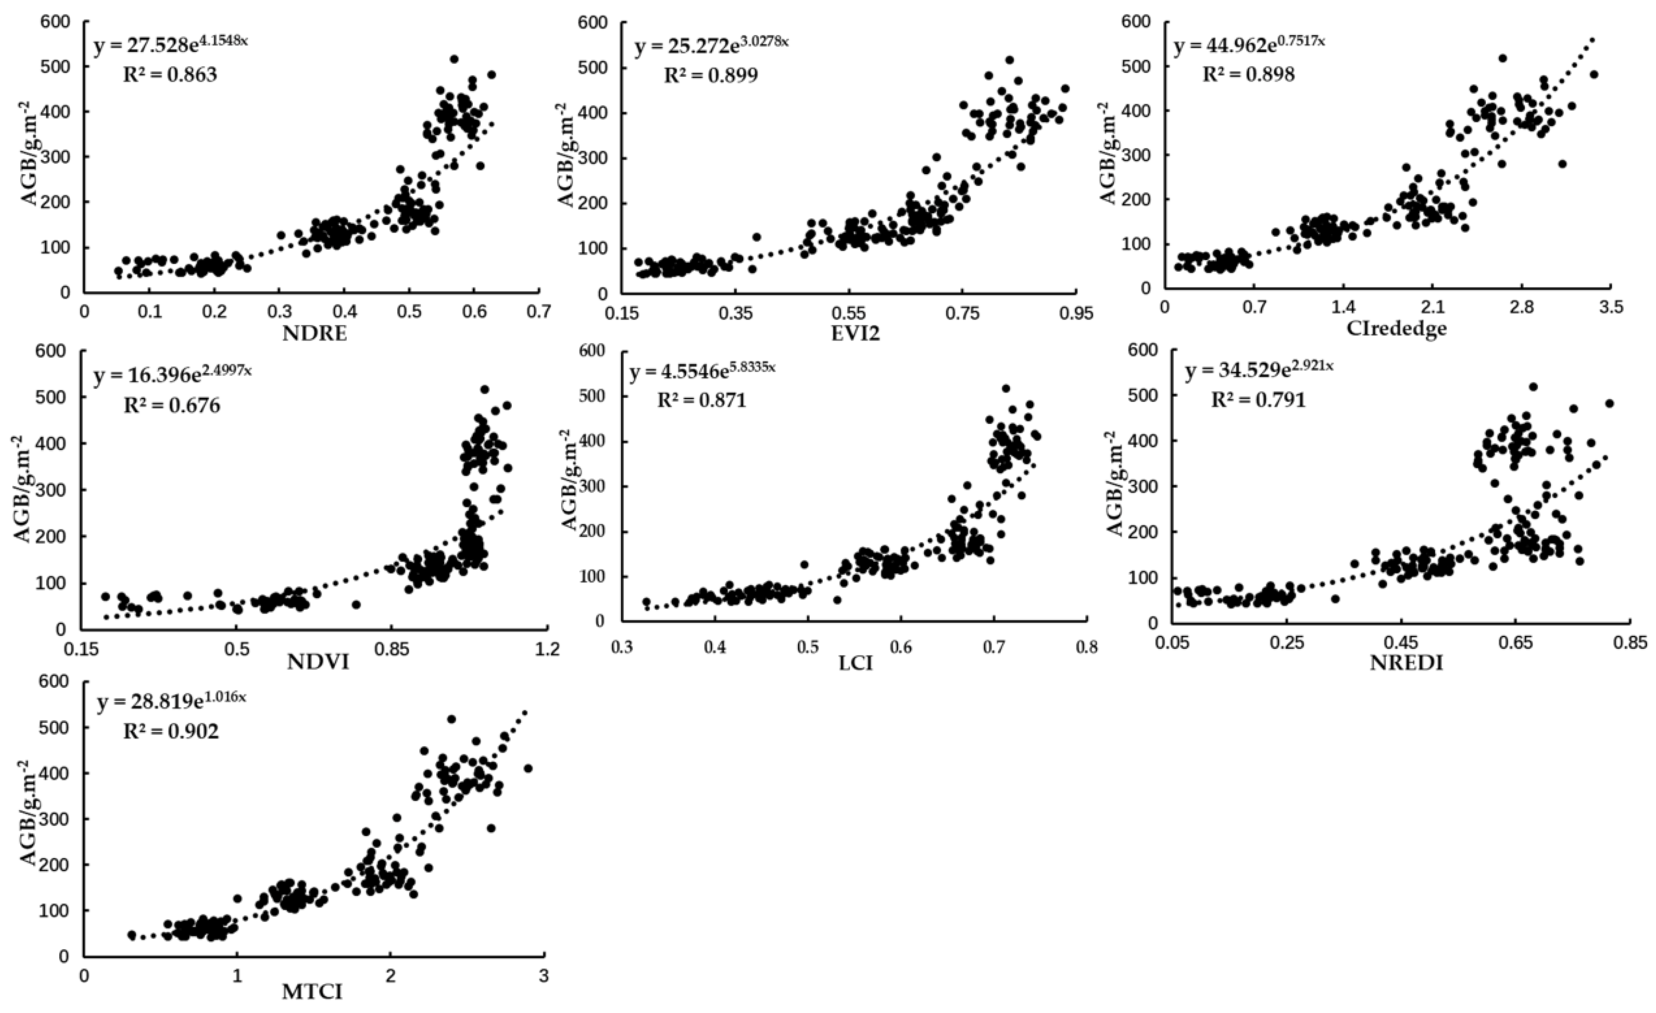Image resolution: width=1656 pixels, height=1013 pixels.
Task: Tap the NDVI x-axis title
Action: [318, 663]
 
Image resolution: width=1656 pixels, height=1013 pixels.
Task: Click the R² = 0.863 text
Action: [170, 75]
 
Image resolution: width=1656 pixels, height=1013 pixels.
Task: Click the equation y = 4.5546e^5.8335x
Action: [702, 372]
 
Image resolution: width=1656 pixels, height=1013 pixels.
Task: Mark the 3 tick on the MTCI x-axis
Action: [543, 975]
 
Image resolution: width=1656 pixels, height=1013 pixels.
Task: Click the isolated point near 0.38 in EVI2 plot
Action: [756, 237]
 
